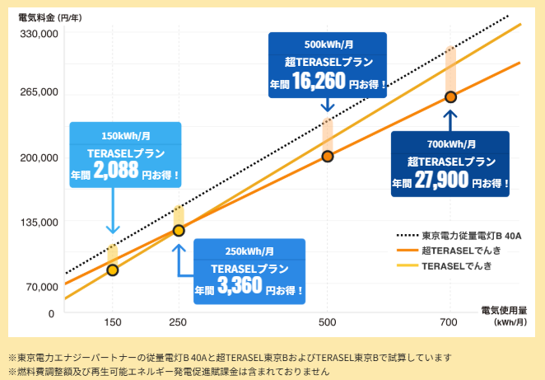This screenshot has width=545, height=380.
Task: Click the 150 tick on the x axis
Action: coord(113,321)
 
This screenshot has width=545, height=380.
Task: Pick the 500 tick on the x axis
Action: coord(328,321)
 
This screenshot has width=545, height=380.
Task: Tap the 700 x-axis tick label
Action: coord(450,321)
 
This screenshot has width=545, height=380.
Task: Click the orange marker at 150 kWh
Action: coord(113,270)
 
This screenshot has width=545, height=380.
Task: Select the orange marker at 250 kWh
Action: coord(179,230)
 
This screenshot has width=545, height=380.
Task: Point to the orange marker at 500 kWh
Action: coord(328,157)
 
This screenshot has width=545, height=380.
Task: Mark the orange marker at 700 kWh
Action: coord(450,97)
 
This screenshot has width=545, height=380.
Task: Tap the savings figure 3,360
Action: coord(240,286)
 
